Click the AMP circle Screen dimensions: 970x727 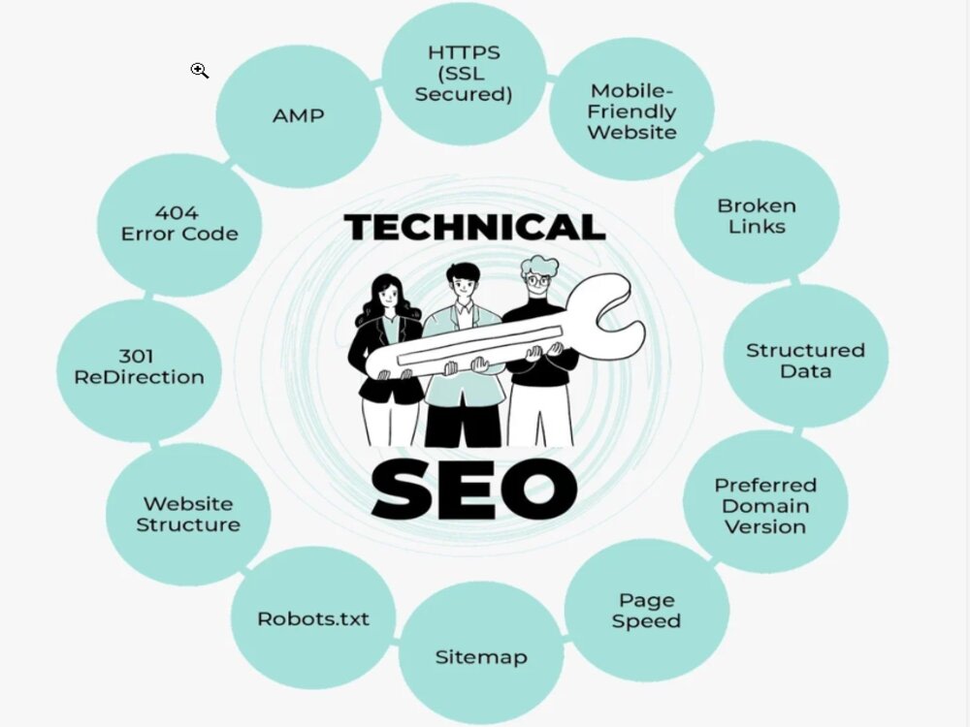click(298, 116)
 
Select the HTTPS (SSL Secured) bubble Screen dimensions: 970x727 click(464, 74)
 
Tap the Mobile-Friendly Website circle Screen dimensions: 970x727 click(631, 111)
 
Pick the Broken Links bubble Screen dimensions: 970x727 click(757, 213)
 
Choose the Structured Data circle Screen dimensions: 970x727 click(805, 357)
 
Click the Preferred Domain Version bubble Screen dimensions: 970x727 click(765, 502)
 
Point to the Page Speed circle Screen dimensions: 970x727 click(646, 610)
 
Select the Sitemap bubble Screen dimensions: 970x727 click(481, 653)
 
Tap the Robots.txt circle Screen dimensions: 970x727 click(313, 618)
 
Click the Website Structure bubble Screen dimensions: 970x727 click(188, 515)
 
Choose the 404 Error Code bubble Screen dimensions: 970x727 click(179, 225)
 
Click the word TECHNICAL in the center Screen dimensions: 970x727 click(474, 227)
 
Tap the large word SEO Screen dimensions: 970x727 click(474, 490)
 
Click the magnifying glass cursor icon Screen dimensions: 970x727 click(199, 71)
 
